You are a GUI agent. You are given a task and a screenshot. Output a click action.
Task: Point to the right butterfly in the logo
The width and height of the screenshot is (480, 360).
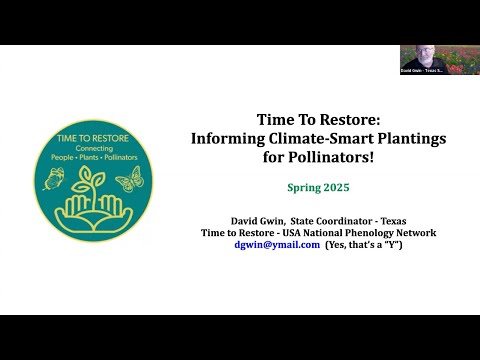click(x=129, y=179)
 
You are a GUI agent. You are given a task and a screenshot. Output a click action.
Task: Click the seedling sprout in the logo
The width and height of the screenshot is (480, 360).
click(x=92, y=174)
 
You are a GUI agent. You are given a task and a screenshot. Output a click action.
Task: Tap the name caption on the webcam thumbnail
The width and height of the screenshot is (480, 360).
click(x=419, y=71)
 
